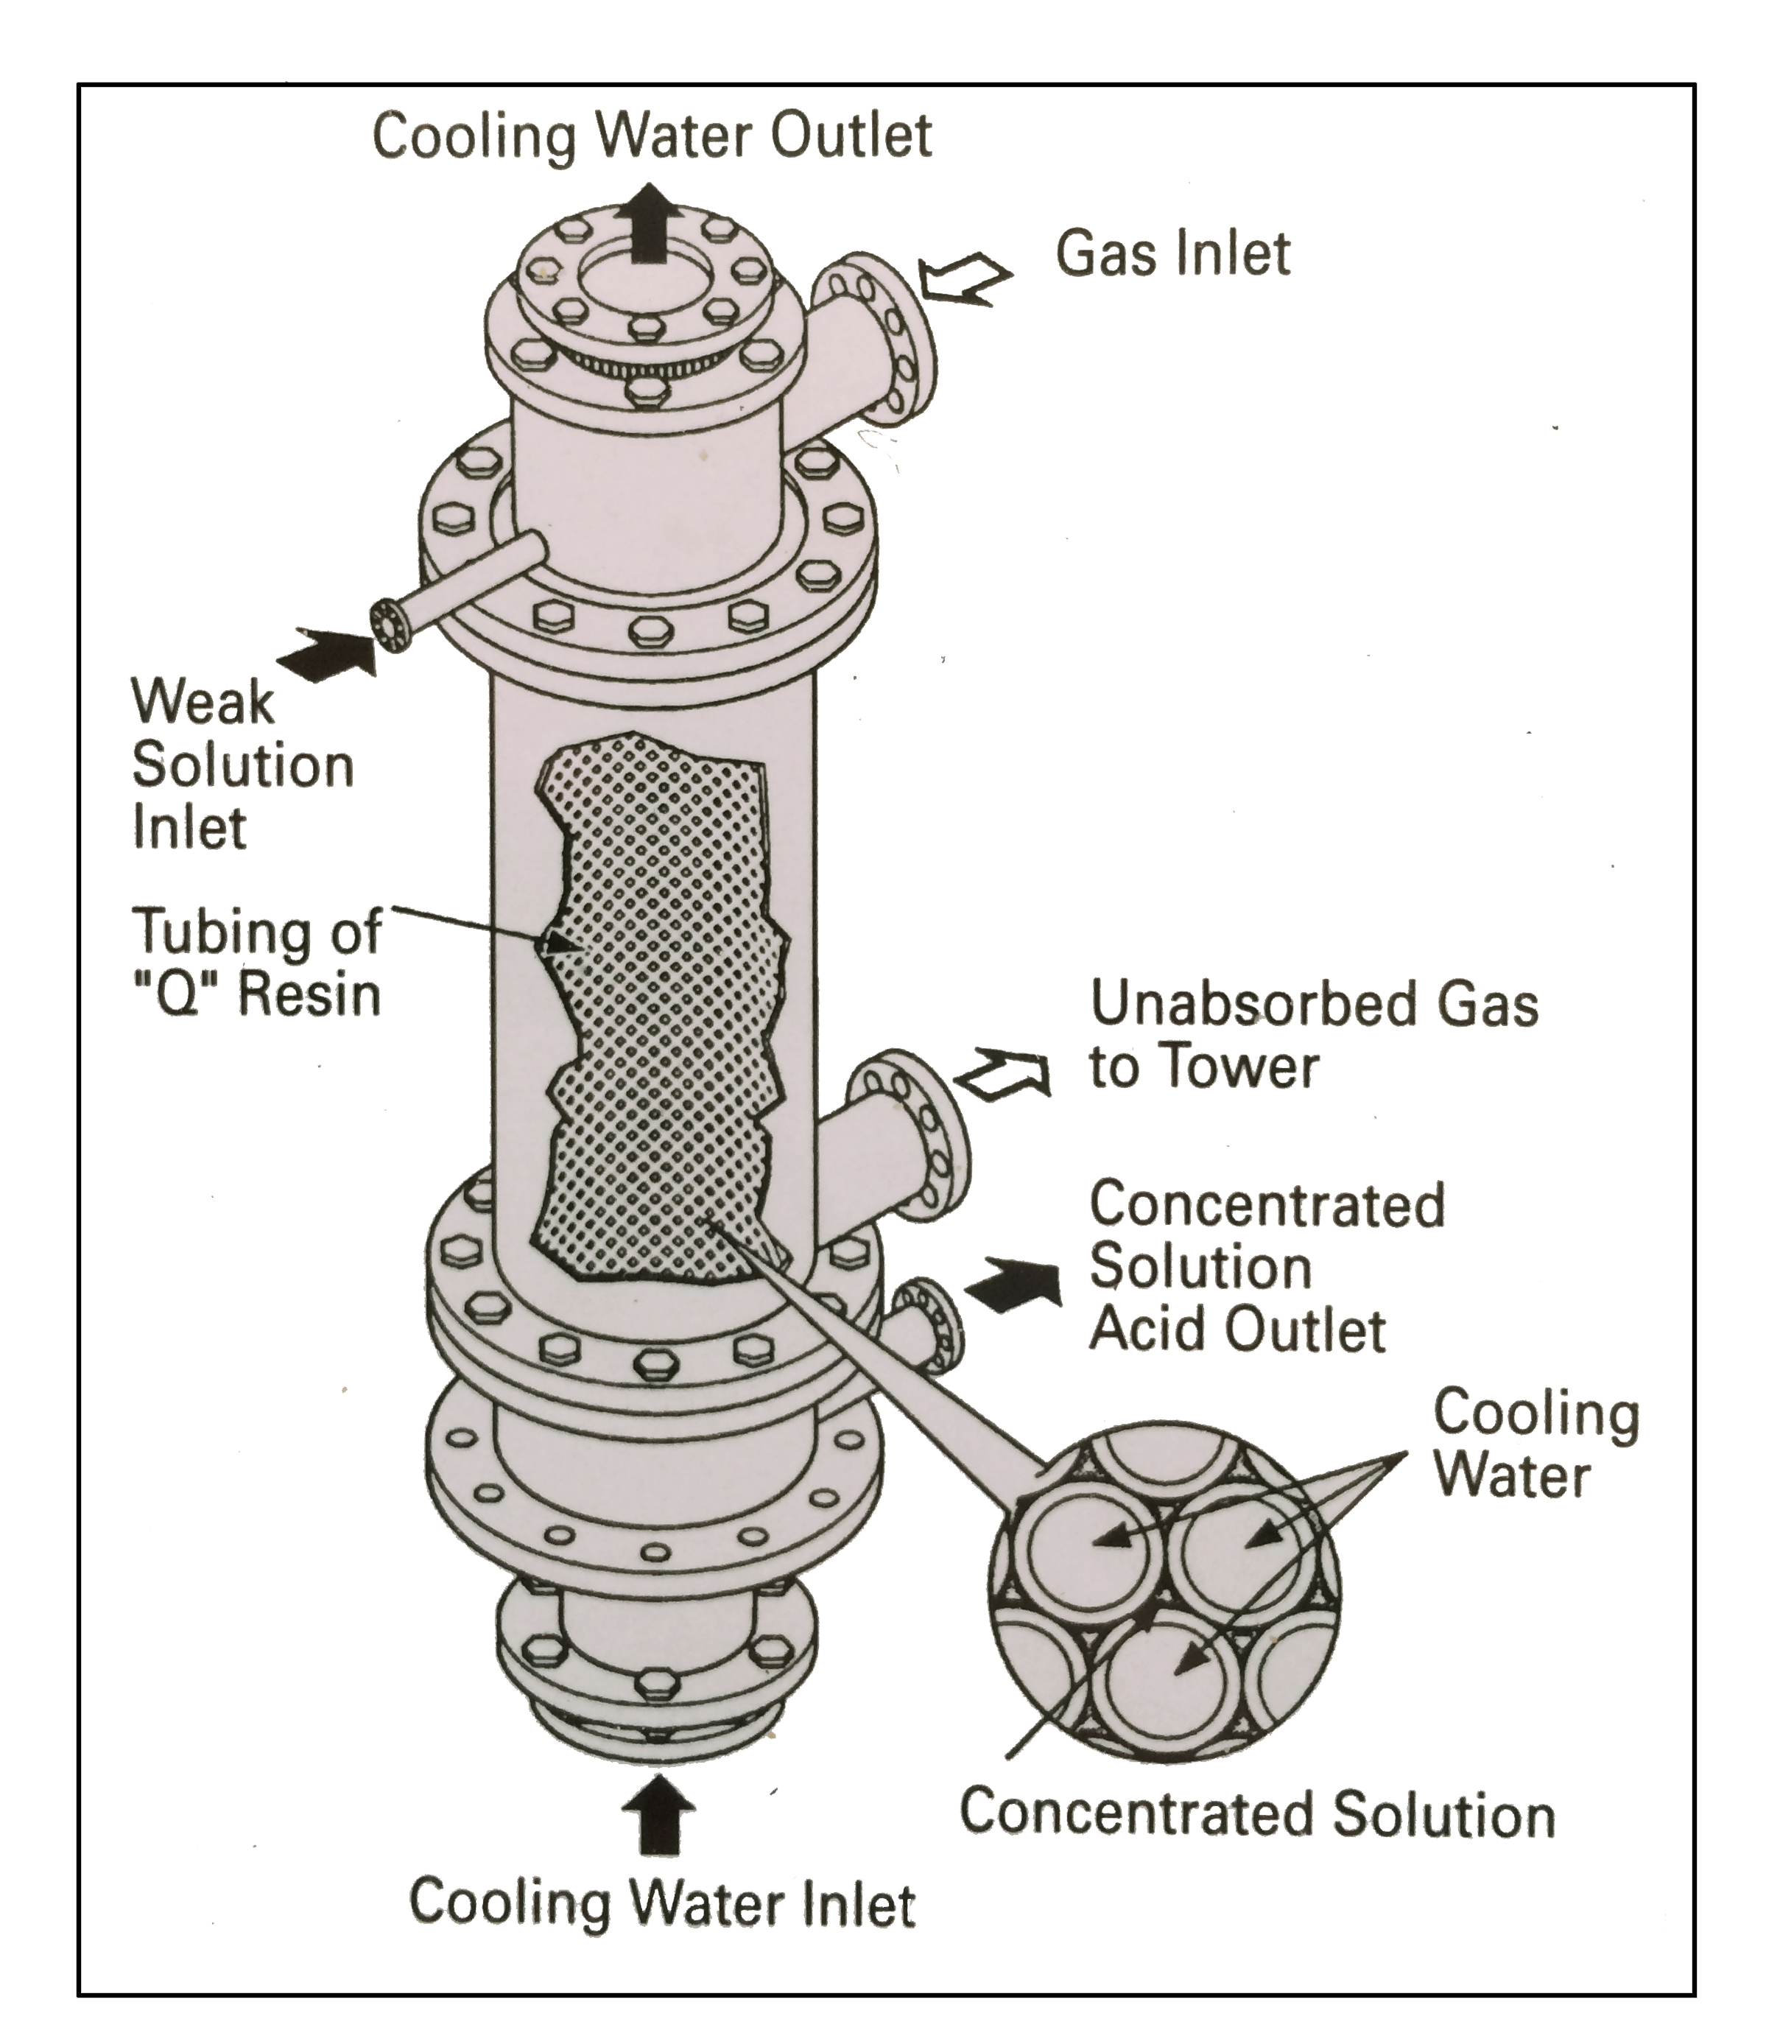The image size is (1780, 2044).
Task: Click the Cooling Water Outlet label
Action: pyautogui.click(x=652, y=136)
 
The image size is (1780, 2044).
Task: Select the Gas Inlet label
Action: pyautogui.click(x=1172, y=254)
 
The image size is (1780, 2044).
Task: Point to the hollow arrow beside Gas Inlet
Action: pyautogui.click(x=963, y=279)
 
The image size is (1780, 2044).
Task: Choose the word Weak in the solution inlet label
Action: pyautogui.click(x=203, y=703)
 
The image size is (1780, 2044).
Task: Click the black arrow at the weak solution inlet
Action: pyautogui.click(x=328, y=653)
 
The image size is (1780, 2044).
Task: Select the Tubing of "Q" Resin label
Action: pyautogui.click(x=256, y=961)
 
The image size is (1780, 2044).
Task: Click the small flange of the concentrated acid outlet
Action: pyautogui.click(x=929, y=1329)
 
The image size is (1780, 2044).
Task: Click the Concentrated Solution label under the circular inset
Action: pyautogui.click(x=1256, y=1813)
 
